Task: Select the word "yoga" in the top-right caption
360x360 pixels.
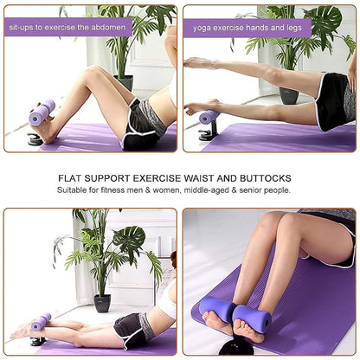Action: (201, 28)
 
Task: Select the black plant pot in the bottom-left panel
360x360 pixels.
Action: (102, 302)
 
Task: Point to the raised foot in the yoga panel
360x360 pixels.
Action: (196, 63)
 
